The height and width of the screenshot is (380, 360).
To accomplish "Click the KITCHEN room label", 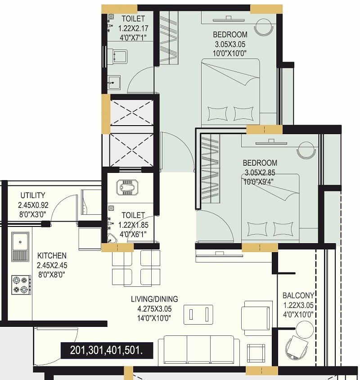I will [52, 255].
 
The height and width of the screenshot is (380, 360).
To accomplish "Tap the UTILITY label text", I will [32, 195].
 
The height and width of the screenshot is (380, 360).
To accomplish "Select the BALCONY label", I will [298, 296].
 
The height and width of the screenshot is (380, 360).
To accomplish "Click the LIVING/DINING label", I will [154, 299].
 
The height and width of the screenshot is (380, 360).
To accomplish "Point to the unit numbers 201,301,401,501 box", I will [106, 350].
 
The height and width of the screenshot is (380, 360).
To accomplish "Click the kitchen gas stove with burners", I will [21, 285].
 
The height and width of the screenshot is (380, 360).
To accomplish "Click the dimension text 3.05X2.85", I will [260, 173].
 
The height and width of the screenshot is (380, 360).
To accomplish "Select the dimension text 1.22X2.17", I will [133, 28].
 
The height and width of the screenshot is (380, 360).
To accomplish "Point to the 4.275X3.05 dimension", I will [154, 309].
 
